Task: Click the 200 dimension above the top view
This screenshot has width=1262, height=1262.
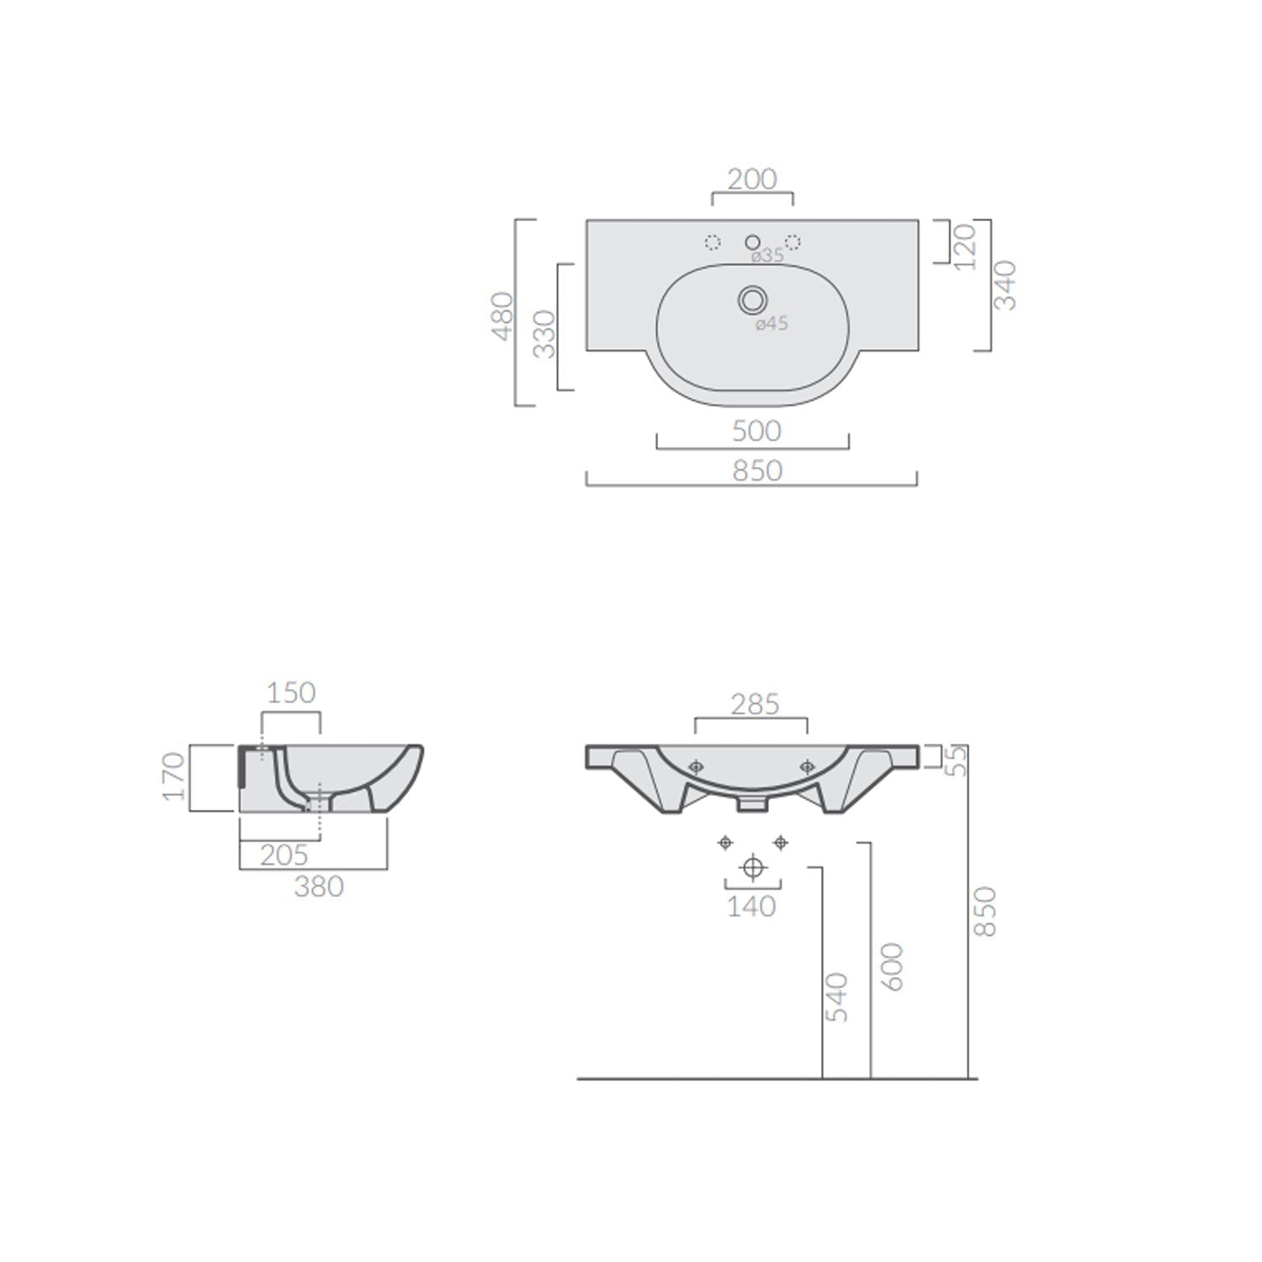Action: pyautogui.click(x=752, y=179)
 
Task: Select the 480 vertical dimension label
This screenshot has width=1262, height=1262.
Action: pyautogui.click(x=503, y=315)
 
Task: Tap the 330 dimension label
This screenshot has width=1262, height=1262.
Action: pyautogui.click(x=545, y=334)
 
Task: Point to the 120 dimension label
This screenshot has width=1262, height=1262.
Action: pyautogui.click(x=966, y=246)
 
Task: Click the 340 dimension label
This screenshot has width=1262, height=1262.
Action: pyautogui.click(x=1005, y=285)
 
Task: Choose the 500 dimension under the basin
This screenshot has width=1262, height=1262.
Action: pyautogui.click(x=756, y=431)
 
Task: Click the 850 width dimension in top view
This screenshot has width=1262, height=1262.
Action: pyautogui.click(x=757, y=470)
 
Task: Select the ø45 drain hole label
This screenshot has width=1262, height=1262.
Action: pyautogui.click(x=771, y=324)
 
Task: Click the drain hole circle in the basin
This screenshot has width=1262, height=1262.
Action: pyautogui.click(x=752, y=299)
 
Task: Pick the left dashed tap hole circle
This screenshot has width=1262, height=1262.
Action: pyautogui.click(x=713, y=242)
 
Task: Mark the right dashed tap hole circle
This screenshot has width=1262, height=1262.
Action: pyautogui.click(x=793, y=242)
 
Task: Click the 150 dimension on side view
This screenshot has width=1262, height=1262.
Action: pyautogui.click(x=291, y=692)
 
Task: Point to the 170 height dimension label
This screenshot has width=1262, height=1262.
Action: pyautogui.click(x=172, y=777)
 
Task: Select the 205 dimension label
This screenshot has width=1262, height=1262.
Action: pyautogui.click(x=284, y=855)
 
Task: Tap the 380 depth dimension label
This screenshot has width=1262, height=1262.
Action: pyautogui.click(x=319, y=886)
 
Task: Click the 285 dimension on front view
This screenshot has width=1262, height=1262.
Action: pyautogui.click(x=755, y=704)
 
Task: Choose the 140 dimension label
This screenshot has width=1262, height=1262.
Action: pyautogui.click(x=751, y=906)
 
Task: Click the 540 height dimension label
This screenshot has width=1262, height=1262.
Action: pyautogui.click(x=836, y=997)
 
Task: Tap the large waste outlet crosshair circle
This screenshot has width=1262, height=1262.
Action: pyautogui.click(x=753, y=867)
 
